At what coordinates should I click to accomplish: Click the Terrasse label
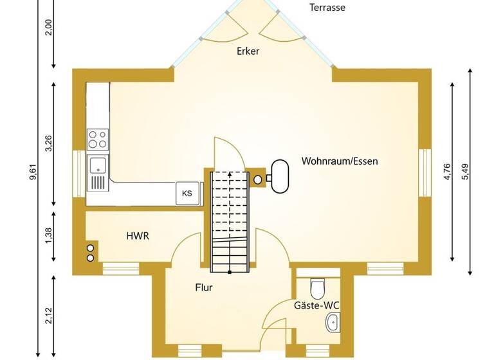[327, 8]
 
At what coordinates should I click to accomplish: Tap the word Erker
[248, 51]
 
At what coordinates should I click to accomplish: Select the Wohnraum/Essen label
[340, 161]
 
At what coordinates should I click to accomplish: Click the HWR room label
[137, 236]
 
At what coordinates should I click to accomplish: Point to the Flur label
[204, 287]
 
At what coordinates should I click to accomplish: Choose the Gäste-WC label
[316, 305]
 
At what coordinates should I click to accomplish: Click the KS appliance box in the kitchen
[187, 193]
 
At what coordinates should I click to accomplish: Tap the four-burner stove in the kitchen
[98, 139]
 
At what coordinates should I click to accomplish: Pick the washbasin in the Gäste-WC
[333, 323]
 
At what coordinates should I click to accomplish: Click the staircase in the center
[230, 222]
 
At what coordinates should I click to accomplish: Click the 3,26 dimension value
[50, 143]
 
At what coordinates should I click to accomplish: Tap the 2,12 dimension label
[50, 315]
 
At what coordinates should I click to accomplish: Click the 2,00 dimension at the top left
[50, 27]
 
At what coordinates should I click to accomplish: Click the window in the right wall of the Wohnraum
[425, 172]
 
